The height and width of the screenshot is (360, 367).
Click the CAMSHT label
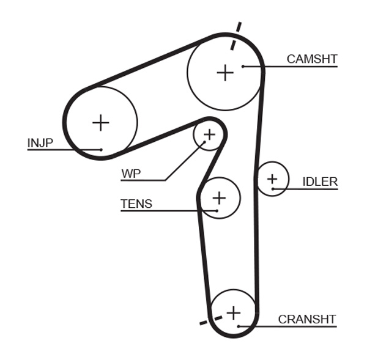[312, 59]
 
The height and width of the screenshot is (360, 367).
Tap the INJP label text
[40, 143]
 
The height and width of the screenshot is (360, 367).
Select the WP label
[131, 174]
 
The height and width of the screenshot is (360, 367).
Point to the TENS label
[136, 204]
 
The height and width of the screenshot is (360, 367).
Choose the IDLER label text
[320, 182]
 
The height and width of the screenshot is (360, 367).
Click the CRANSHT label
[307, 319]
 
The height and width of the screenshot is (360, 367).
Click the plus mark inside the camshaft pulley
[225, 73]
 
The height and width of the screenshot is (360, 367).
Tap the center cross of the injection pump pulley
[100, 123]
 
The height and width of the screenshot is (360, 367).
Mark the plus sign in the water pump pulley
[209, 134]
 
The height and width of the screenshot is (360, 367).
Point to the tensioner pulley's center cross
[218, 197]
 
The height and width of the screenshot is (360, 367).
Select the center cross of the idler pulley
[272, 178]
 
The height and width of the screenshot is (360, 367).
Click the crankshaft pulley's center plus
[233, 313]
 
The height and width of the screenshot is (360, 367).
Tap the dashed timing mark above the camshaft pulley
[236, 35]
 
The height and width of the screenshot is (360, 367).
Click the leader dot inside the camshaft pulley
[243, 66]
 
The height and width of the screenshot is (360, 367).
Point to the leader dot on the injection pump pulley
[101, 149]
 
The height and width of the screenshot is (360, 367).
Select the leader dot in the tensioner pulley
[217, 211]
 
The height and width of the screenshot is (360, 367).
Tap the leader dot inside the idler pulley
[272, 188]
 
